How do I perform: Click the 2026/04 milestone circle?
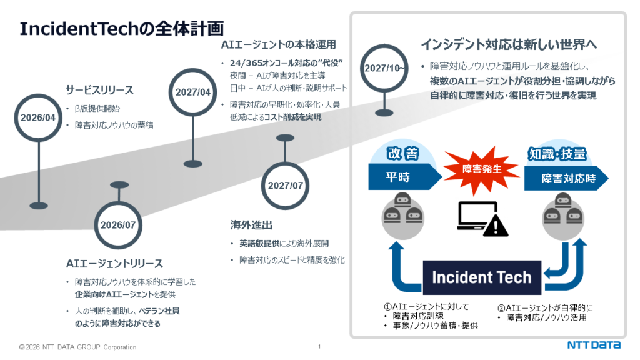click(38, 117)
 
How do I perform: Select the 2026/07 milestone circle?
click(119, 225)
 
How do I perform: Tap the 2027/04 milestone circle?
click(193, 92)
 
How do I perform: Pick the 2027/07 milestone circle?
click(285, 186)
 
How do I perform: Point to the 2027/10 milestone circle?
click(382, 67)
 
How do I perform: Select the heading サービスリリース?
click(100, 90)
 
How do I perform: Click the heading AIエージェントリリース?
click(114, 263)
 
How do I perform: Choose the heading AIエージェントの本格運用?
click(279, 45)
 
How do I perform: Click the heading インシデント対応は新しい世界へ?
click(509, 45)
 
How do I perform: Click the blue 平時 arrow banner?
click(401, 176)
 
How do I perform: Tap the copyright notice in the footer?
click(78, 347)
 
